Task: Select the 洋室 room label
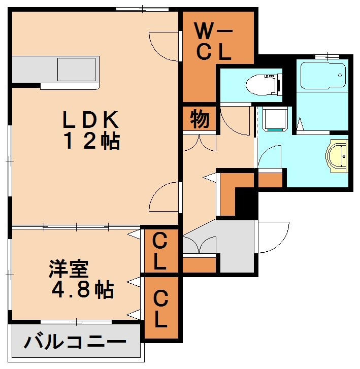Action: (x=69, y=270)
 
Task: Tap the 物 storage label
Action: (x=200, y=120)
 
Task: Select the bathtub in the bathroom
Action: (x=323, y=75)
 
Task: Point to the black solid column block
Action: (x=246, y=201)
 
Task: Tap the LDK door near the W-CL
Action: (x=166, y=46)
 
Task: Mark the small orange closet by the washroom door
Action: (x=270, y=179)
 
